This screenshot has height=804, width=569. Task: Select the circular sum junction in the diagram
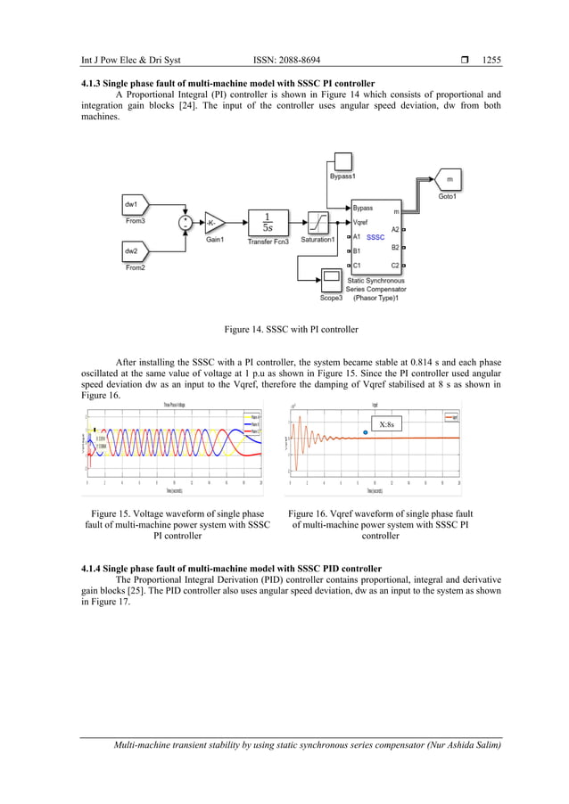(x=185, y=223)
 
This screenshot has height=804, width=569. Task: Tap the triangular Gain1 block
(x=215, y=223)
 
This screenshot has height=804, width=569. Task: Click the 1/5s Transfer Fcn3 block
(x=268, y=222)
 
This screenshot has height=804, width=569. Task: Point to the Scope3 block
(x=332, y=279)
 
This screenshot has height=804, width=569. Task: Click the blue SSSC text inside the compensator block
(x=375, y=237)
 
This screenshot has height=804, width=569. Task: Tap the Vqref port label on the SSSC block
(x=362, y=223)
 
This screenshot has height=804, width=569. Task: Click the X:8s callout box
(x=387, y=424)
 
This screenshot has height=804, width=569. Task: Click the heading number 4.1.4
(x=95, y=568)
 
